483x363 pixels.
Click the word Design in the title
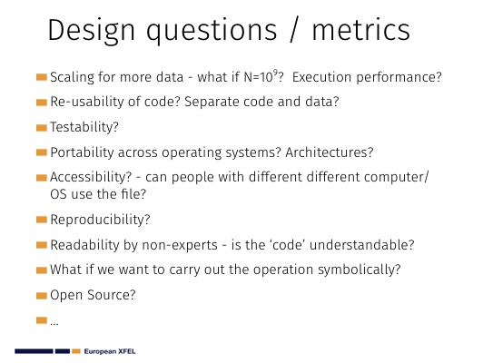(x=91, y=31)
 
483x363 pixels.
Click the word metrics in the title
(x=360, y=30)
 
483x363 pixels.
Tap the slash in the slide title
(x=294, y=30)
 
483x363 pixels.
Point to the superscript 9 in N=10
(x=275, y=73)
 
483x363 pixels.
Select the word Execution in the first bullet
(x=321, y=77)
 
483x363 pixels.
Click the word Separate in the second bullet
(x=211, y=103)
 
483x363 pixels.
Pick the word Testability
(x=84, y=127)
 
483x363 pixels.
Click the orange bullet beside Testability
(x=41, y=128)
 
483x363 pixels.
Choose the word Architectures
(x=330, y=152)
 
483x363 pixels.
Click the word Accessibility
(x=91, y=177)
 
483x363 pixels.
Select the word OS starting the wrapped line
(x=58, y=194)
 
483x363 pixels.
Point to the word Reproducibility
(x=100, y=220)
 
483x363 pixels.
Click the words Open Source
(x=93, y=295)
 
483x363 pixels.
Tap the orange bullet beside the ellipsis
(x=41, y=320)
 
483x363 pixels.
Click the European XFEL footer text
(x=110, y=351)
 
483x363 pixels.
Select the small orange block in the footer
(x=76, y=351)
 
